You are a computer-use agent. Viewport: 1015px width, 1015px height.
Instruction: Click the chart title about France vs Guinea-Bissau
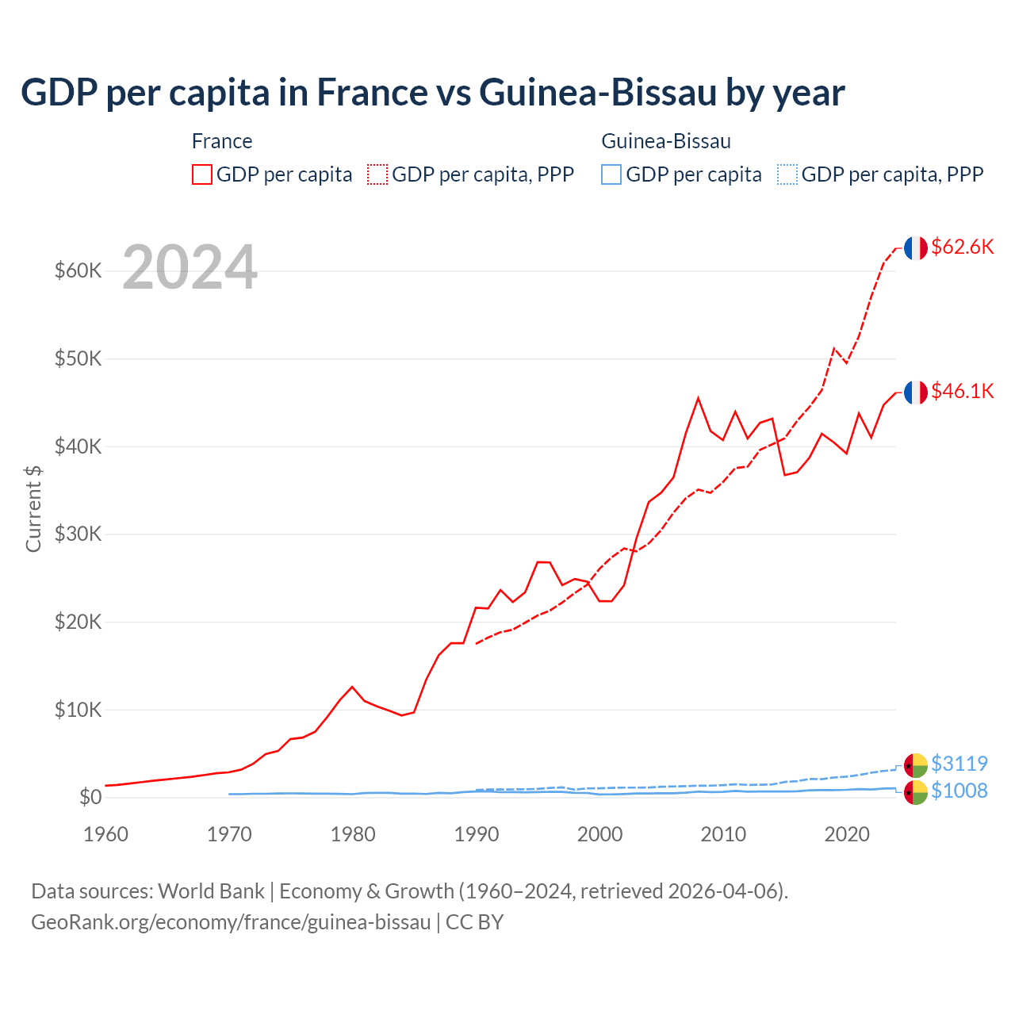tap(433, 93)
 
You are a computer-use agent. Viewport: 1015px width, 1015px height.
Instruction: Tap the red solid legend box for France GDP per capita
tap(202, 174)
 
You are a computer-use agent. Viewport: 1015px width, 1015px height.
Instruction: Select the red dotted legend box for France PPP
tap(377, 174)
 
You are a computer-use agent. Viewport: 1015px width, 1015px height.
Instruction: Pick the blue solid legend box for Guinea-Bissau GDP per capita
tap(611, 174)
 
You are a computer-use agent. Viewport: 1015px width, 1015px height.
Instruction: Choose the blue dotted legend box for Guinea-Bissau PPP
tap(787, 174)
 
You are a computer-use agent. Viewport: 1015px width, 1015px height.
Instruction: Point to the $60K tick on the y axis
tap(79, 271)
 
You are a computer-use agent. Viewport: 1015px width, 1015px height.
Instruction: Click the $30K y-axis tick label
tap(79, 534)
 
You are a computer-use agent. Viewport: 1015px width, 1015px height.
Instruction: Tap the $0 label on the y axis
tap(90, 797)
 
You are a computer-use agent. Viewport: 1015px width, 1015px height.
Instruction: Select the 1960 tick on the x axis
tap(106, 834)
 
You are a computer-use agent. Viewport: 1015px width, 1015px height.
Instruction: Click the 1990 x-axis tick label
tap(477, 834)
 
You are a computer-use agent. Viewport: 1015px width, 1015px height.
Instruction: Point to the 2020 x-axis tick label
tap(847, 834)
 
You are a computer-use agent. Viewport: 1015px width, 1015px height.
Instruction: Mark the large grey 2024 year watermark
tap(190, 268)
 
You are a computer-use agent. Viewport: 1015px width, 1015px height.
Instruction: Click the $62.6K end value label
tap(962, 247)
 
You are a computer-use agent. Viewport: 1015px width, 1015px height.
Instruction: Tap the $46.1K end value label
tap(962, 391)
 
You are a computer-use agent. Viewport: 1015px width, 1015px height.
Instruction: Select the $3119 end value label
tap(959, 764)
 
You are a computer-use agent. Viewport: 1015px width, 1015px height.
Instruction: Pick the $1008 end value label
tap(959, 791)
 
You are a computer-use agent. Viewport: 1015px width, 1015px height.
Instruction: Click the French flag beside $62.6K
tap(915, 248)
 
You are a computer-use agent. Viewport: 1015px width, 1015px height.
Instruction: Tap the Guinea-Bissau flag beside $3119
tap(915, 765)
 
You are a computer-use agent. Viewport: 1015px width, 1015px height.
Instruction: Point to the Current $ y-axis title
tap(33, 508)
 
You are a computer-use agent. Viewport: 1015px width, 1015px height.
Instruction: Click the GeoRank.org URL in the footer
tap(231, 922)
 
